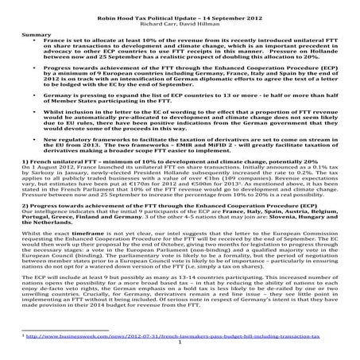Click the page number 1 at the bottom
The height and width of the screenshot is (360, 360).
(180, 344)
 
